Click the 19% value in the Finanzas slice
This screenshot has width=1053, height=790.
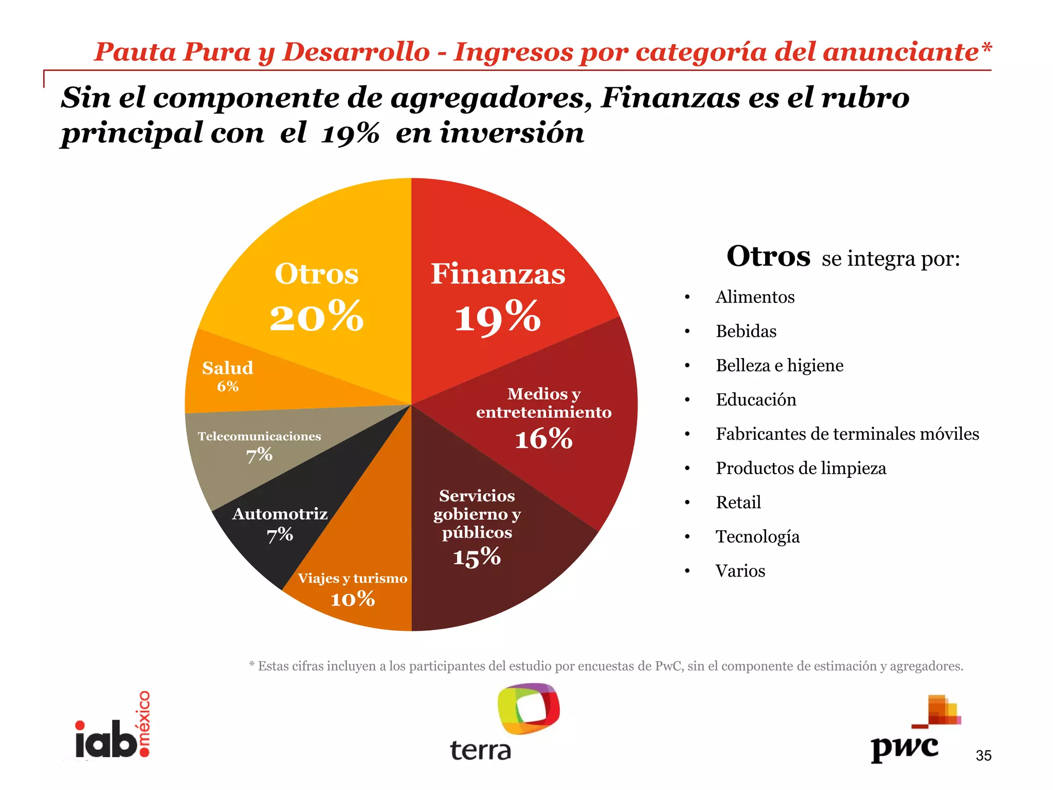(497, 317)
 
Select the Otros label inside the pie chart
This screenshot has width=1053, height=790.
(316, 274)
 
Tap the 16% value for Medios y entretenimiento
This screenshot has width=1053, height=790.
(543, 439)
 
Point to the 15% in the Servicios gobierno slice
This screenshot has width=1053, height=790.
(477, 557)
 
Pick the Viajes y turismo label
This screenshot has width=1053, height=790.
(352, 579)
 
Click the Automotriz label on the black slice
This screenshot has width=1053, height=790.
(280, 514)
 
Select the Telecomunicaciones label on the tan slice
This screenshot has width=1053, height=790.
(259, 436)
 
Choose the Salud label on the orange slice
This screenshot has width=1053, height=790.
(228, 368)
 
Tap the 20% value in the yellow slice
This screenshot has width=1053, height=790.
(316, 317)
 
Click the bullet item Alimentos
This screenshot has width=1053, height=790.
(755, 297)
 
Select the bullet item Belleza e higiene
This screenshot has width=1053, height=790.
(779, 366)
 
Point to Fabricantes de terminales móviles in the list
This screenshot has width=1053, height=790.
(847, 434)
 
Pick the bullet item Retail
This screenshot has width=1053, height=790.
(738, 502)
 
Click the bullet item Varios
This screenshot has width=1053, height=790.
(740, 571)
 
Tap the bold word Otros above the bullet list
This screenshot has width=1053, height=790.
(768, 256)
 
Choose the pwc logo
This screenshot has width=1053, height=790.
(915, 730)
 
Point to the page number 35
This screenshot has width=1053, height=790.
(983, 756)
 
